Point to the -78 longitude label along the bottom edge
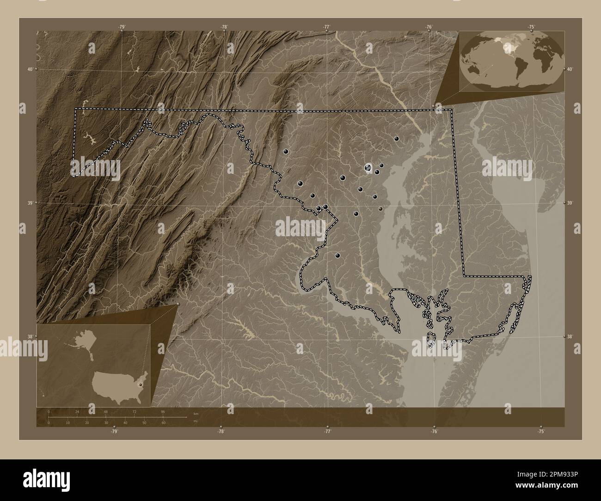221,432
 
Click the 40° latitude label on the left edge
30,69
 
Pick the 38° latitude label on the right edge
571,336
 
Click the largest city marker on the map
368,168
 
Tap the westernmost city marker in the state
286,151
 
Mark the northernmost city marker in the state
396,138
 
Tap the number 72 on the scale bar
135,411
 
